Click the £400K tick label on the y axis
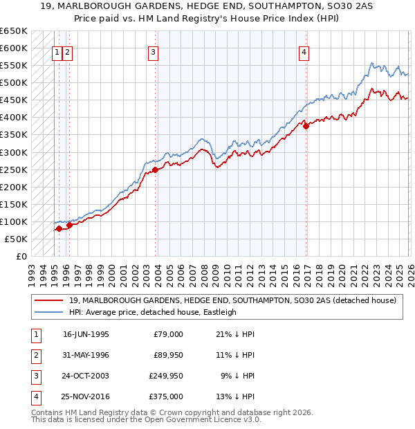tap(13, 118)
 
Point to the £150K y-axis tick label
tap(13, 204)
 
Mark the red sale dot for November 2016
tap(306, 126)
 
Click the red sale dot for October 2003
tap(156, 170)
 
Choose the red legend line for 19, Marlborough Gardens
tap(48, 300)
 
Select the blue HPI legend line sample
tap(48, 312)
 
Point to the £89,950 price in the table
tap(168, 355)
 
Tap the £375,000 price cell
tap(168, 396)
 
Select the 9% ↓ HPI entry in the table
tap(235, 376)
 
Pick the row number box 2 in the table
tap(34, 355)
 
